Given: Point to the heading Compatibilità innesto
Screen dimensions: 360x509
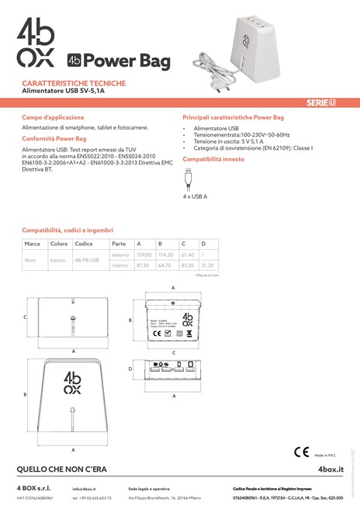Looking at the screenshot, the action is [214, 158].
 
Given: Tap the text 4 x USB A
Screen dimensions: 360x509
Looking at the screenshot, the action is [195, 196].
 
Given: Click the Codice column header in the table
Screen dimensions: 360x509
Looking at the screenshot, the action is [84, 244].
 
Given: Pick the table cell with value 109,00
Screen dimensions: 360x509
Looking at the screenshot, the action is [144, 254].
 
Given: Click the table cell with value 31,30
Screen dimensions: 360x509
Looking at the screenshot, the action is [208, 265].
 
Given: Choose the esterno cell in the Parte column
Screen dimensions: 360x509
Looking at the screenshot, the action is [120, 254].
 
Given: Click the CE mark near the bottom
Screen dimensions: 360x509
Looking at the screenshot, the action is [302, 452].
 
